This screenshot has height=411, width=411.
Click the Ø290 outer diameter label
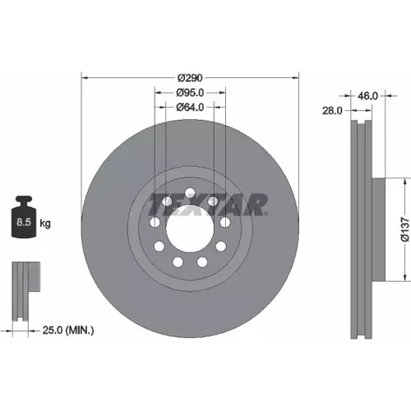pyautogui.click(x=190, y=78)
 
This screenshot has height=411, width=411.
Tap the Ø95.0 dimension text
pyautogui.click(x=190, y=93)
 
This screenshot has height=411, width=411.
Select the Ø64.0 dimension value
pyautogui.click(x=190, y=107)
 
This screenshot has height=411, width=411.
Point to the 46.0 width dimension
pyautogui.click(x=367, y=96)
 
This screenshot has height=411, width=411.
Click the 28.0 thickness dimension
pyautogui.click(x=332, y=111)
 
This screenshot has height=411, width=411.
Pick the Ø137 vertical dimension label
pyautogui.click(x=405, y=229)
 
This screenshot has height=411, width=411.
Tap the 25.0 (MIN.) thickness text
pyautogui.click(x=68, y=330)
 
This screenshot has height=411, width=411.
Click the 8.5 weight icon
pyautogui.click(x=24, y=217)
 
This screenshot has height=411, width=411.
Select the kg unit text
pyautogui.click(x=45, y=224)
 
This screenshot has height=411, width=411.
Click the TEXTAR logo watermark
pyautogui.click(x=208, y=205)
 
